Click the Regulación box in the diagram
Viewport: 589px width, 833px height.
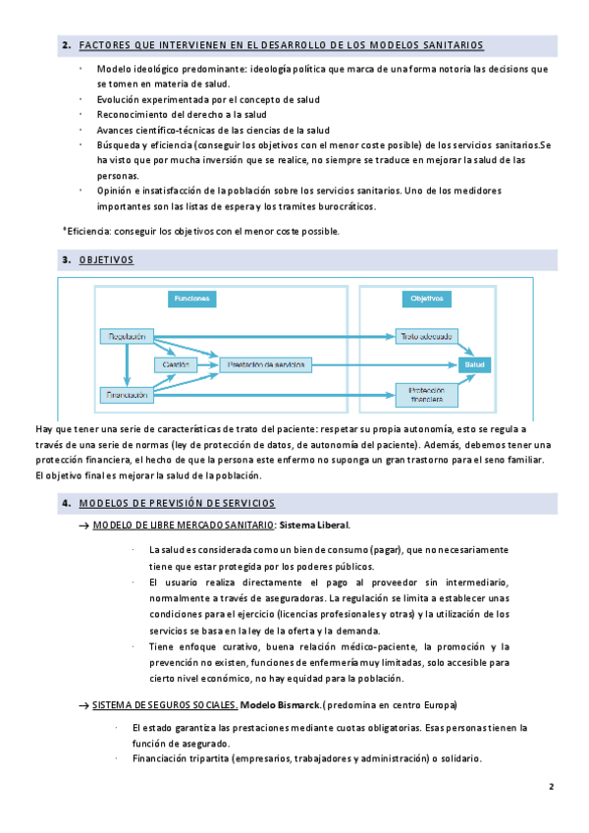point(123,336)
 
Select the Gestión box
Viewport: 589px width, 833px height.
point(176,364)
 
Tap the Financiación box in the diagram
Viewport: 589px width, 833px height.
point(123,395)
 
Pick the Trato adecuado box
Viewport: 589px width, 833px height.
point(427,336)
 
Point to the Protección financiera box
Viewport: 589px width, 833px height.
point(427,395)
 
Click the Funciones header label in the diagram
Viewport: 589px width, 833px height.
point(191,298)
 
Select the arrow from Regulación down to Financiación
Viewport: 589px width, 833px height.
point(125,365)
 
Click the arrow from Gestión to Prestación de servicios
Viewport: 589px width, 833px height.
point(208,364)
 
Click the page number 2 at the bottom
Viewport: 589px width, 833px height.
point(552,787)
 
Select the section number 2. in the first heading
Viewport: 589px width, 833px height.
point(66,46)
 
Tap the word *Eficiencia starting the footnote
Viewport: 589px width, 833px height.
point(87,231)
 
